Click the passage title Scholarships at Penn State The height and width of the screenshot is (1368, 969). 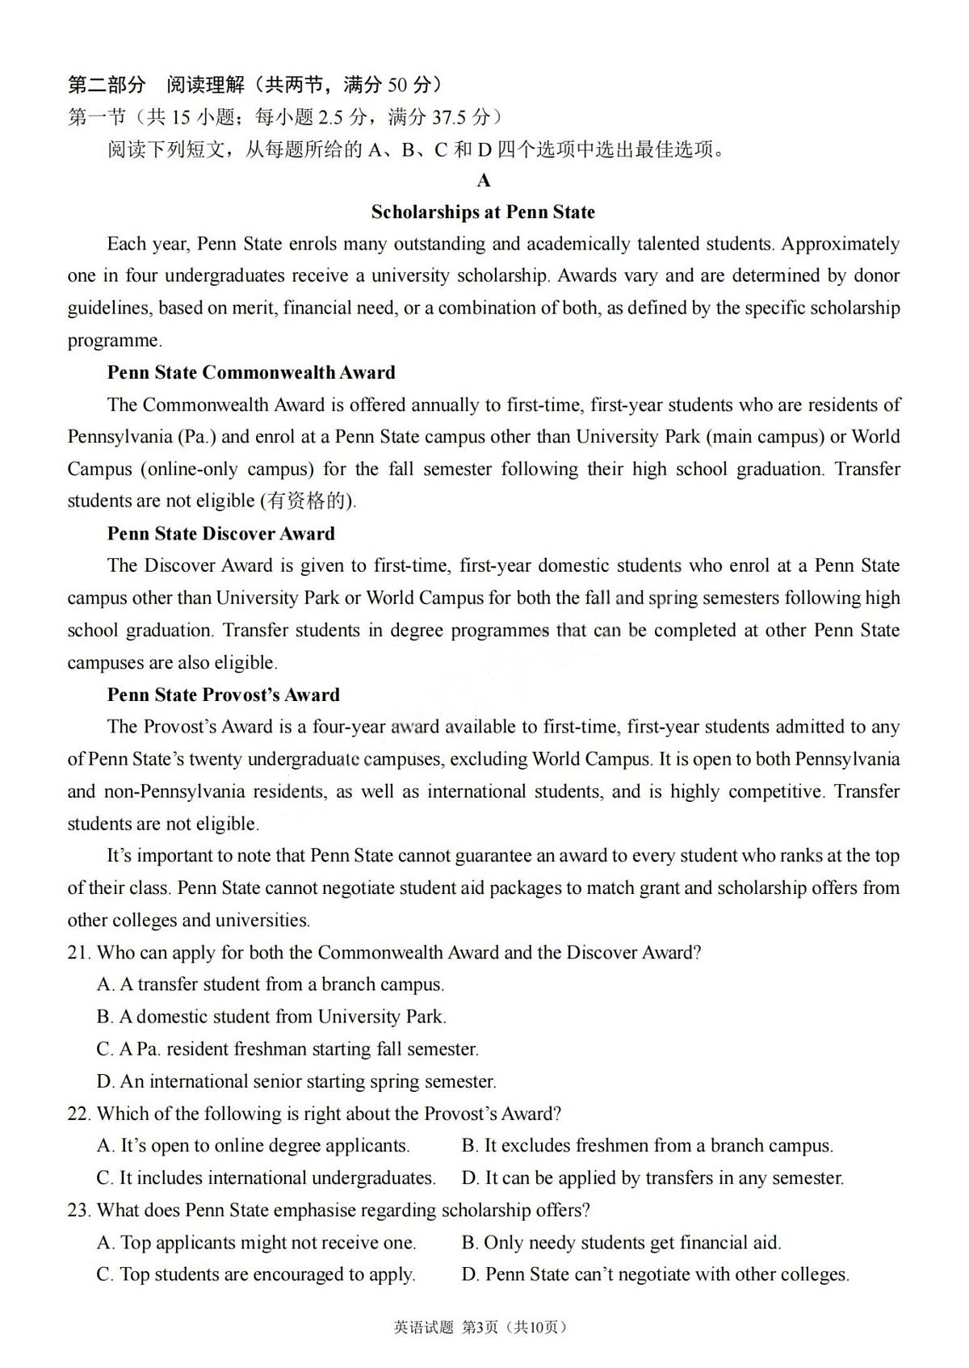[x=483, y=212]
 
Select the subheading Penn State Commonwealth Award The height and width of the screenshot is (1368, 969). [x=251, y=372]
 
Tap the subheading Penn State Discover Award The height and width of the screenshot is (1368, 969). [x=220, y=534]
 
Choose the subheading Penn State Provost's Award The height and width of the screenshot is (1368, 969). [x=223, y=694]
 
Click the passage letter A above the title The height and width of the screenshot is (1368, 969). [x=484, y=180]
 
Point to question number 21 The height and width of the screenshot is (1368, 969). [x=78, y=953]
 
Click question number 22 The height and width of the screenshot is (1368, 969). [x=78, y=1114]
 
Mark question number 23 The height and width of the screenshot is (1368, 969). [x=78, y=1211]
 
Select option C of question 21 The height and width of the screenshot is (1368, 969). [x=287, y=1049]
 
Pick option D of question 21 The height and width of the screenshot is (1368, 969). [x=296, y=1081]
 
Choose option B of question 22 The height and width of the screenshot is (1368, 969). [x=647, y=1146]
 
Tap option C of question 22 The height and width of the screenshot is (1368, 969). [x=266, y=1178]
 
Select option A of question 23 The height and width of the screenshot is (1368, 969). [x=256, y=1243]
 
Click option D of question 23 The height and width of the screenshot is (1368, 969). [x=655, y=1275]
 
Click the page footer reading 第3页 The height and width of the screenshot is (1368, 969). [x=480, y=1328]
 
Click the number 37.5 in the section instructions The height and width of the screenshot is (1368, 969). [x=449, y=118]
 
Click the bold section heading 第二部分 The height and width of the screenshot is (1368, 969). [x=107, y=85]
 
